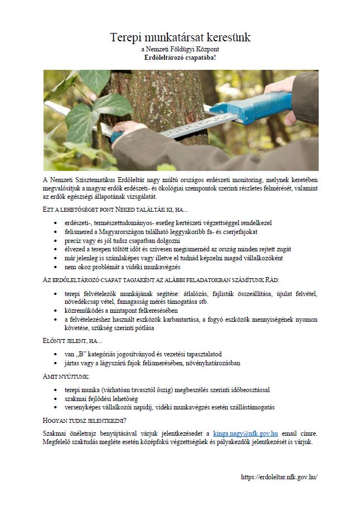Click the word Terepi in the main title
coord(126,37)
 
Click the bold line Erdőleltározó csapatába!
coord(180,58)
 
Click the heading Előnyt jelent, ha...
coord(73,341)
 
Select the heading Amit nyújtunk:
coord(68,376)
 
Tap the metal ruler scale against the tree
coord(184,128)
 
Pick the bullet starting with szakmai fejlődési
coord(101,398)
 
